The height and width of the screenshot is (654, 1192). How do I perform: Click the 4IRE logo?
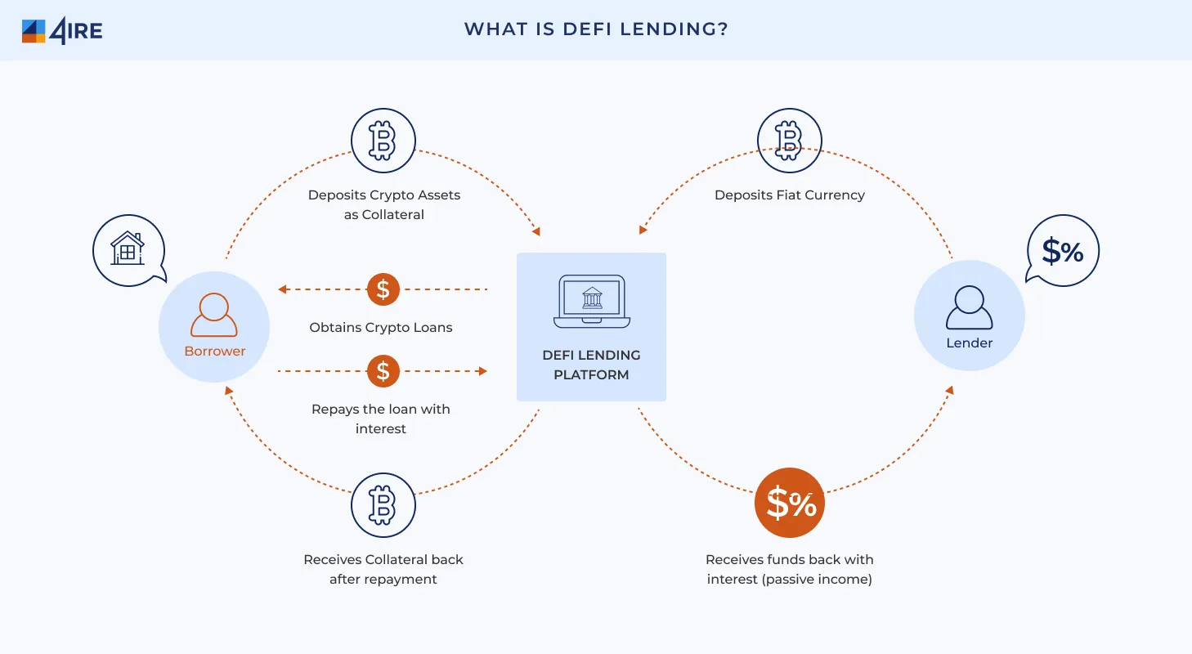tap(61, 30)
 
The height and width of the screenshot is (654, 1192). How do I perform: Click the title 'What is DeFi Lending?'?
tap(596, 29)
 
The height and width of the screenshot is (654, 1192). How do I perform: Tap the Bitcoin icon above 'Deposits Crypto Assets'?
tap(383, 141)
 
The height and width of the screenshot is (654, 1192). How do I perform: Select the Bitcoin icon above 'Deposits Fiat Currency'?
tap(789, 141)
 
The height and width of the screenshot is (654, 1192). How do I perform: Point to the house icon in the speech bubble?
tap(128, 248)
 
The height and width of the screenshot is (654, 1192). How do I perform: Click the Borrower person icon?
tap(214, 316)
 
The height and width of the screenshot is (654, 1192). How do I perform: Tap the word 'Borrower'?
tap(214, 351)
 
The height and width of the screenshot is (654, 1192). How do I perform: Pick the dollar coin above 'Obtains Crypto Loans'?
tap(383, 289)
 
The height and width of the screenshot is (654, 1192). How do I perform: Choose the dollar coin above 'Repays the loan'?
tap(383, 371)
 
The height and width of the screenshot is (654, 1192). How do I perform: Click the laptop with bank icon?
tap(591, 301)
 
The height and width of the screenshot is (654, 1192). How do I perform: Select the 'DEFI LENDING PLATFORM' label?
tap(591, 365)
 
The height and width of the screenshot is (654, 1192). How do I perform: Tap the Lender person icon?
tap(969, 307)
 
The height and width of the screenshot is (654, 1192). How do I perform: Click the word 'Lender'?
tap(969, 343)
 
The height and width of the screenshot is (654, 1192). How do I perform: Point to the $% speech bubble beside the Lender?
tap(1062, 251)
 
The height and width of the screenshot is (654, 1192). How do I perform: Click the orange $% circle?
tap(789, 503)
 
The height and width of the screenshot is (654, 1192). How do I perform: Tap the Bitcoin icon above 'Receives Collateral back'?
tap(383, 504)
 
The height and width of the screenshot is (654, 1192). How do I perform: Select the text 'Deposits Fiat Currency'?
tap(789, 195)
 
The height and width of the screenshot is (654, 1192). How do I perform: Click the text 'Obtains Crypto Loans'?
tap(380, 327)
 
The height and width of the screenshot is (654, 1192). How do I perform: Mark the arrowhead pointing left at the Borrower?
tap(282, 289)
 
